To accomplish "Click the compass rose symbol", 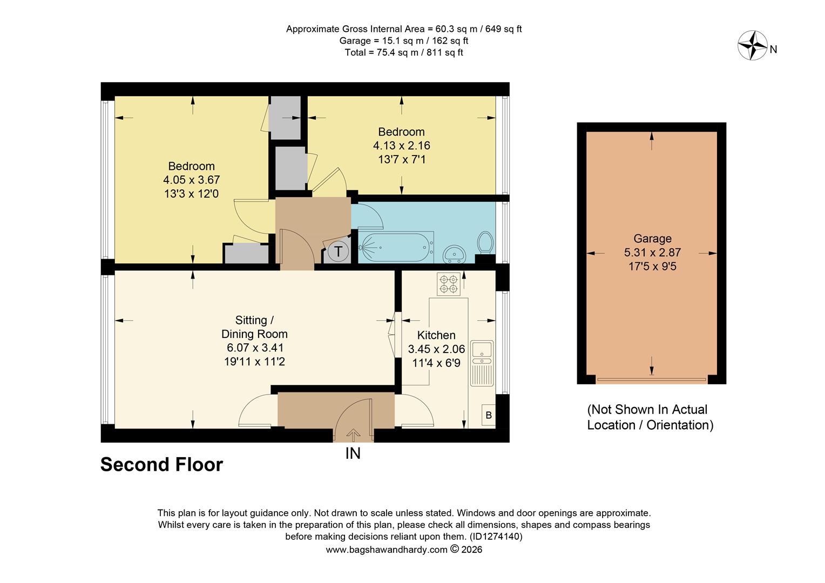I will pos(752,45).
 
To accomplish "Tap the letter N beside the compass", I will pos(773,50).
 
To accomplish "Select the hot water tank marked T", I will pos(338,252).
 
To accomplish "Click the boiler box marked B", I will pos(489,415).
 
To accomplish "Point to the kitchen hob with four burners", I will pos(448,284).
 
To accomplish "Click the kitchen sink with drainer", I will pos(482,362).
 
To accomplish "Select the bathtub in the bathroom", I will pos(396,248).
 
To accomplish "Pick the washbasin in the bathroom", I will pos(455,253).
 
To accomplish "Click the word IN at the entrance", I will pos(353,454).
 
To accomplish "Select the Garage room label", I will pos(652,239).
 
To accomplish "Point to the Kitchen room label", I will pos(436,335).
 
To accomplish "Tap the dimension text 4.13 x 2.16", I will pos(401,146).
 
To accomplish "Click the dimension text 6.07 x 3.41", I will pos(254,348).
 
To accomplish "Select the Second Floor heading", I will pos(161,465).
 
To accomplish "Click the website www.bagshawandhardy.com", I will pos(387,550).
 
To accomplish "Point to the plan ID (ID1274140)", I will pos(496,537).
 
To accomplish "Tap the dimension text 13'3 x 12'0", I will pos(191,194).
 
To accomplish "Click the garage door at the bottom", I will pos(651,380).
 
